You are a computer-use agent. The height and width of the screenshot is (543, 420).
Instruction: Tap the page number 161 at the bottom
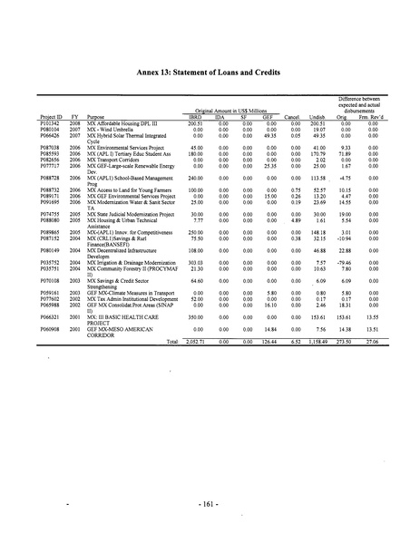(x=210, y=500)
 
